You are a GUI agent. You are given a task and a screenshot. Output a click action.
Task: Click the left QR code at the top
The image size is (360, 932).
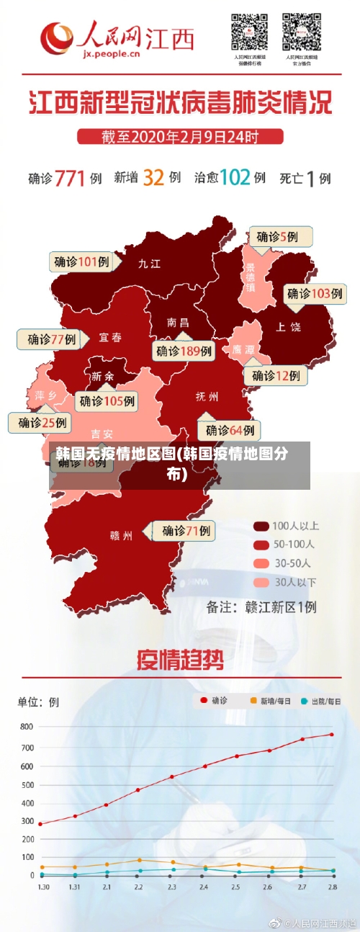tap(248, 32)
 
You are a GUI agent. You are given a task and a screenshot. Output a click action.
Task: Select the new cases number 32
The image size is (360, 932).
tap(153, 177)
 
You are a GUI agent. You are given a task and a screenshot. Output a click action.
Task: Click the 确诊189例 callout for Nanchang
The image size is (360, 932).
tap(184, 351)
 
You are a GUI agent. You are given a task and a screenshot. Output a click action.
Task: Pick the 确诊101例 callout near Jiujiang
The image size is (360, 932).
tap(81, 262)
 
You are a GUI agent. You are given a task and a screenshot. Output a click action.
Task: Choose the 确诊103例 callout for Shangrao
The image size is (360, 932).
tap(315, 293)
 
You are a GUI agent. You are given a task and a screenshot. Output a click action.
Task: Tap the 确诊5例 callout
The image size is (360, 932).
tap(282, 236)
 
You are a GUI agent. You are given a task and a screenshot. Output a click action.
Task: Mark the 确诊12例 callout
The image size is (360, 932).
tap(276, 375)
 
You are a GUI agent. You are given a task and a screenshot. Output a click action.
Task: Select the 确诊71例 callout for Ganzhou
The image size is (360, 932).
tap(186, 531)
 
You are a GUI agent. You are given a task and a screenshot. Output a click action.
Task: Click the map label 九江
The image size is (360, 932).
tap(150, 264)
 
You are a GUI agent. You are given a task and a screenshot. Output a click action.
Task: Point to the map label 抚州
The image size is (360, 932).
tap(207, 396)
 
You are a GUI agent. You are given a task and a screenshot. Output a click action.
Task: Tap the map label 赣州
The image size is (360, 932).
tap(121, 535)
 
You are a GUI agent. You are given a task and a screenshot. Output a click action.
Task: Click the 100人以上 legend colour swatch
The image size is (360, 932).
tap(261, 525)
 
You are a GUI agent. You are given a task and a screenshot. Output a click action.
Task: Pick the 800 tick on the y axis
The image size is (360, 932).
tap(26, 727)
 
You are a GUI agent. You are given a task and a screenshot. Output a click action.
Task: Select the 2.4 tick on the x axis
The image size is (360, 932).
tap(204, 887)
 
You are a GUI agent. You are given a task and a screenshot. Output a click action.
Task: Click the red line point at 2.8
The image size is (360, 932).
tap(332, 735)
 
